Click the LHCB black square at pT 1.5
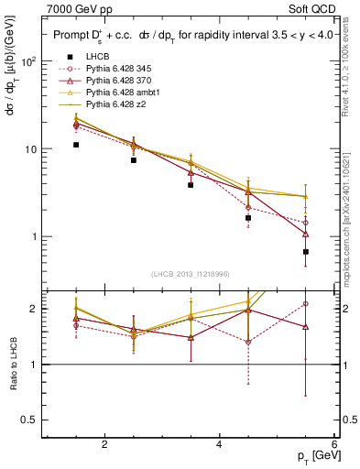point(77,145)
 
